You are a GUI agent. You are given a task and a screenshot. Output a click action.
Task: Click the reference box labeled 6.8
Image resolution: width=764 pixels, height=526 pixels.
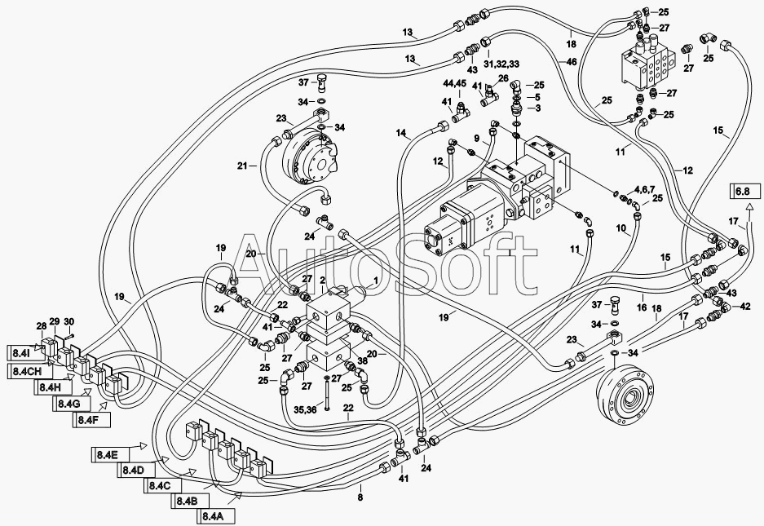tap(745, 191)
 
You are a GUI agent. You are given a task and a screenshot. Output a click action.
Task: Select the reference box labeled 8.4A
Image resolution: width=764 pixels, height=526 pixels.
tap(216, 515)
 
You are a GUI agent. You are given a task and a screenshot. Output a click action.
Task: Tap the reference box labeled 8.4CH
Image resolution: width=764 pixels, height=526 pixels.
tap(29, 371)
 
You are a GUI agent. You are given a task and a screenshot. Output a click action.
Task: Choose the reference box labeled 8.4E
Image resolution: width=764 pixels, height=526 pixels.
tap(110, 454)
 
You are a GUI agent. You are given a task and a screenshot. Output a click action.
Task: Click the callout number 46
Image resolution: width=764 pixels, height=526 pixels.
tap(572, 62)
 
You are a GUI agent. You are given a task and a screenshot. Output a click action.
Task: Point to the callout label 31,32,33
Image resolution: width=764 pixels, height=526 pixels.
tap(501, 64)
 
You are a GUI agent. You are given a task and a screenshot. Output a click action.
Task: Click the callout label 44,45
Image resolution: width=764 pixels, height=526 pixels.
tap(455, 83)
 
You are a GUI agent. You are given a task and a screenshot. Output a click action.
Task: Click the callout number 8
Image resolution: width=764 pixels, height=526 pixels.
tap(360, 497)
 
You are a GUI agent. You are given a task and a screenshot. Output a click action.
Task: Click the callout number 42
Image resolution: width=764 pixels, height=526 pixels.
tap(745, 307)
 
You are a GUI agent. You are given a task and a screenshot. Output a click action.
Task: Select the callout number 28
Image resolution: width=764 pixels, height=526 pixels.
tap(42, 326)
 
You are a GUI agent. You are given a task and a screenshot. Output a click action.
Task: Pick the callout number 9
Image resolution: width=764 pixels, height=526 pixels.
tap(476, 138)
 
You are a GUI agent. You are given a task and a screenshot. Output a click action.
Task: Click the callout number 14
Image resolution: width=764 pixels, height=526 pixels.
tap(400, 132)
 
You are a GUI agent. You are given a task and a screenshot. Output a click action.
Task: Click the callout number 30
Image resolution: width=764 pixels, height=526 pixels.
tap(69, 321)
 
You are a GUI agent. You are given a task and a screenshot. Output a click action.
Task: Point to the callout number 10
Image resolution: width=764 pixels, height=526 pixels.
tap(620, 228)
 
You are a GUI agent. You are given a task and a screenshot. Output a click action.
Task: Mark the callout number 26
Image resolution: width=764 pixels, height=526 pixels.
tap(503, 77)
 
